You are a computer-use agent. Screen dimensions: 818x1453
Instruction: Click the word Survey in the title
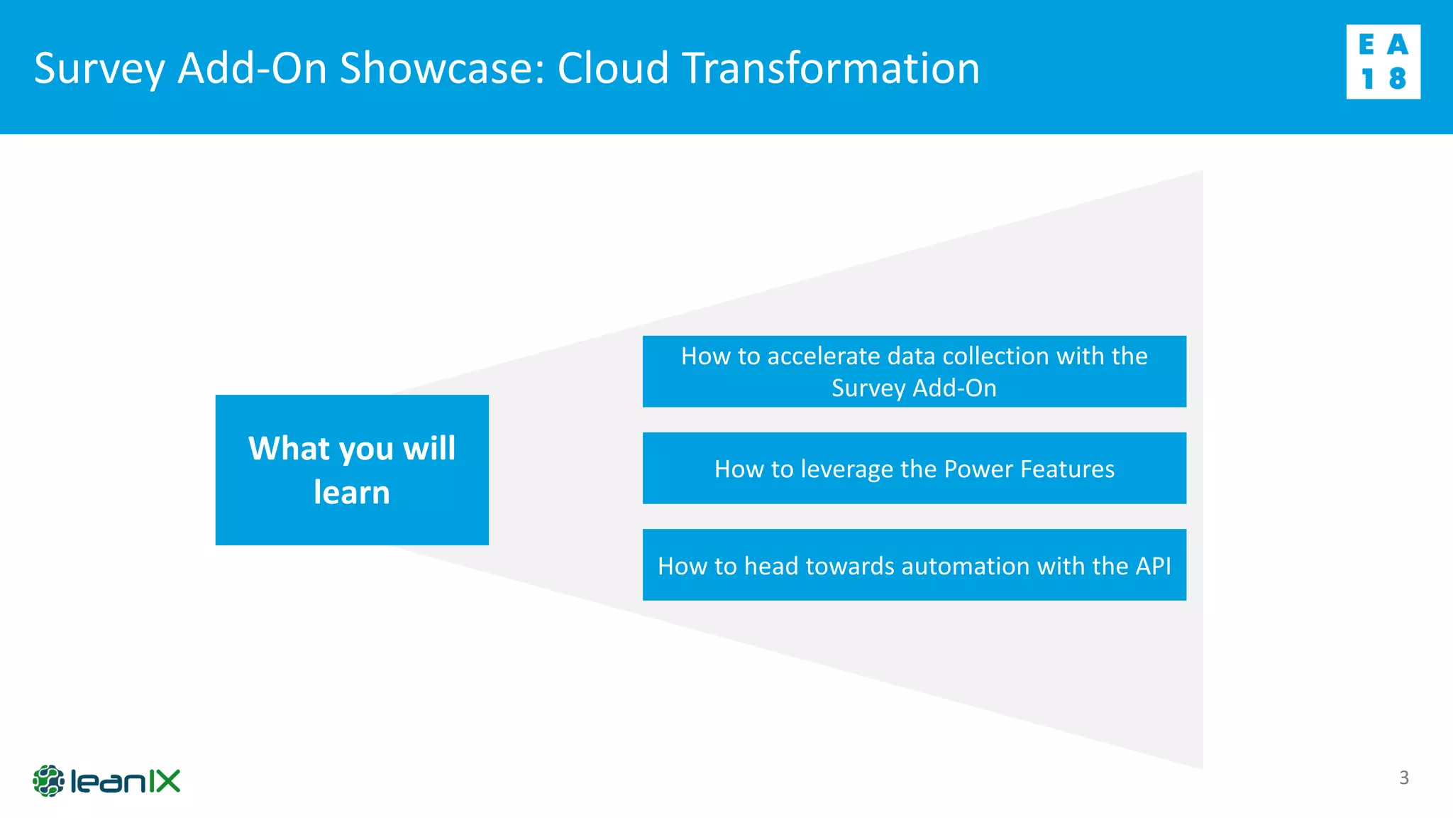(x=99, y=69)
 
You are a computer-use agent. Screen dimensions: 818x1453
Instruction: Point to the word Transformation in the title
(x=831, y=69)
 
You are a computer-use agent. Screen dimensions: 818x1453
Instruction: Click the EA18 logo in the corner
(x=1383, y=62)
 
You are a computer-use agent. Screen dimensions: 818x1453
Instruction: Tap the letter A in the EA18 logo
(x=1398, y=45)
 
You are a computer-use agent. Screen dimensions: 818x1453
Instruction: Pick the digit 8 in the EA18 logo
(x=1398, y=79)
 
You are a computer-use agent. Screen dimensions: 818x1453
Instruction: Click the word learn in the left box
(x=352, y=492)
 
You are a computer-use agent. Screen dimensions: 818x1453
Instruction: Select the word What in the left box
(x=289, y=449)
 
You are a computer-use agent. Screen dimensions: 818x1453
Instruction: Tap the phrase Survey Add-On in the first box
(x=914, y=388)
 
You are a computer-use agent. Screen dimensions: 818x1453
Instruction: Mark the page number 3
(x=1403, y=778)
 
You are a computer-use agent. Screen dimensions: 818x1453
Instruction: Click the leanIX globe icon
(x=48, y=781)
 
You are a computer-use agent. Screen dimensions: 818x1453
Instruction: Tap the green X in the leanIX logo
(x=168, y=781)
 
